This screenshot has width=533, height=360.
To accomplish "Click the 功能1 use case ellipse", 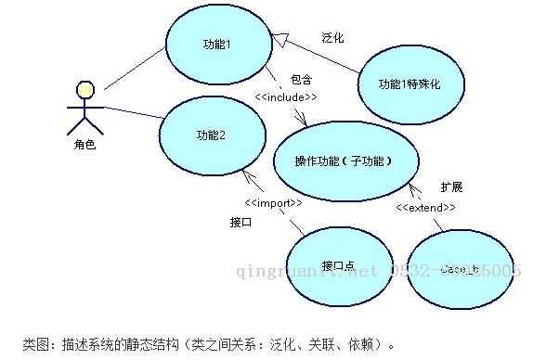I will [x=215, y=45].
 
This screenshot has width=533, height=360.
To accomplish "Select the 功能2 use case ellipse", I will [x=210, y=135].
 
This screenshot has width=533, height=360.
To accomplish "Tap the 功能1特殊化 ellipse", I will [x=409, y=84].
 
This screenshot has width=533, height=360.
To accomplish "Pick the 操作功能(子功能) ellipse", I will [x=344, y=161].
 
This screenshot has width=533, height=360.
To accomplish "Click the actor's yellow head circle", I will [x=85, y=90].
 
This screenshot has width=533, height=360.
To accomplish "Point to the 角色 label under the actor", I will [x=84, y=145].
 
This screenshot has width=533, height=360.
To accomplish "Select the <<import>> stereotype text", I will [x=273, y=202].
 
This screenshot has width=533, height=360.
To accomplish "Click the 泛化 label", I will [x=332, y=38].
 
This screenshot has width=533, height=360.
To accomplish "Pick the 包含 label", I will [x=301, y=81].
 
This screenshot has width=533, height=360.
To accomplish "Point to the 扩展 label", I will [x=452, y=186].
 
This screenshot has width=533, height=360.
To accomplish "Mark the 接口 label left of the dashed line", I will [x=240, y=223].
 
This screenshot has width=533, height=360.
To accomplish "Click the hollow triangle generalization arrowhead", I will [x=278, y=36].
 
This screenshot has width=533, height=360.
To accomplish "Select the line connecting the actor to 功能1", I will [x=134, y=71].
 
